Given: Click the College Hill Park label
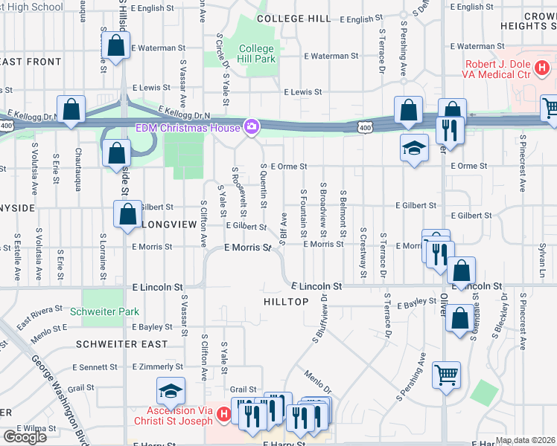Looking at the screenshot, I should [257, 54].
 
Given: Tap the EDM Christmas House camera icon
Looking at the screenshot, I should [252, 127].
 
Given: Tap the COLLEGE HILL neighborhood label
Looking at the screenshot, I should [293, 18].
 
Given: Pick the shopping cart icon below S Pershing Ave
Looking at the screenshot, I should [446, 375].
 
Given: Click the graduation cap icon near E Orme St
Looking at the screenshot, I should [414, 147].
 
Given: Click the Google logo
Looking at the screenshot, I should [25, 436].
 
